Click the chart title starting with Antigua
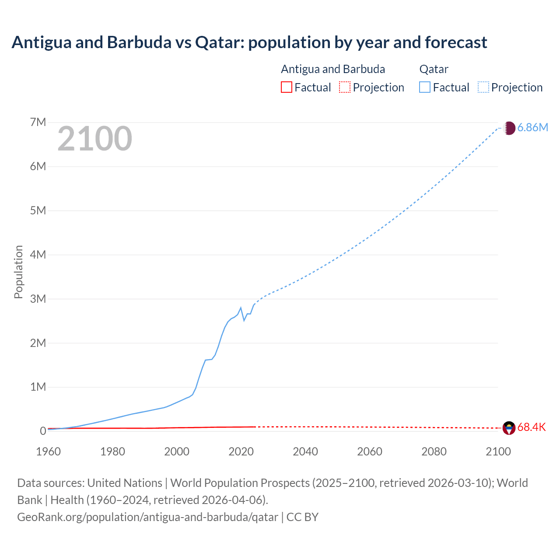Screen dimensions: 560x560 [x=249, y=42]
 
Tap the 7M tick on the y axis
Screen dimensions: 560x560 [x=38, y=122]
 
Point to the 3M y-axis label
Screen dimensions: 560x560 [x=38, y=299]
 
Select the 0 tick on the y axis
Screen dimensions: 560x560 [x=43, y=431]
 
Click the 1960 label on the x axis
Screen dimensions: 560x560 [x=48, y=451]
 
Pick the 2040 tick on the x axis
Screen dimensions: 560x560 [x=305, y=451]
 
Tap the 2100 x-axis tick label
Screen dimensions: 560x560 [x=498, y=451]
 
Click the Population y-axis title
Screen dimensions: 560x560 [x=18, y=272]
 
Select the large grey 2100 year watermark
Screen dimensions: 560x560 [x=94, y=139]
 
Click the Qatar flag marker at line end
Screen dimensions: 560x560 [x=509, y=128]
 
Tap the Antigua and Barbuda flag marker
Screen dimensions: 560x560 [x=509, y=428]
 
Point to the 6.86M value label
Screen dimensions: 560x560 [x=532, y=128]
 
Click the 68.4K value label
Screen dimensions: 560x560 [x=532, y=427]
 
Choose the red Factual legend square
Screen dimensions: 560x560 [x=287, y=87]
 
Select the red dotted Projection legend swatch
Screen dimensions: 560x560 [x=345, y=87]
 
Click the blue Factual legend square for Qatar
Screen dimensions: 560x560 [x=425, y=87]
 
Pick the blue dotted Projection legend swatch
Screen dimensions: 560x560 [x=483, y=87]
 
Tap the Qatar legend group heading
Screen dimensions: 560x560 [x=434, y=69]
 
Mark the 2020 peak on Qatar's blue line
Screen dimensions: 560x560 [x=241, y=308]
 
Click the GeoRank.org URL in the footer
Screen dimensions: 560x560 [x=147, y=517]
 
